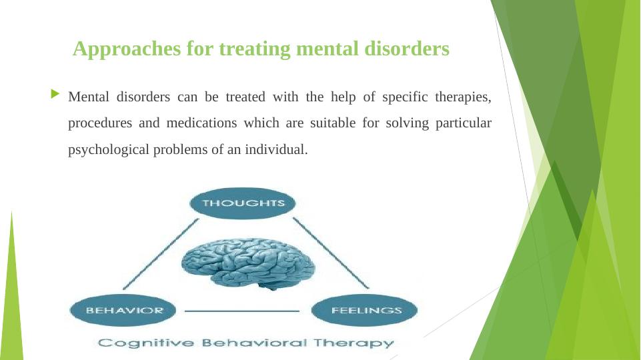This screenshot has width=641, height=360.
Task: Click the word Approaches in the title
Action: pyautogui.click(x=127, y=49)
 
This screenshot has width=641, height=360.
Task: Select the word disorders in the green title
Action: pyautogui.click(x=407, y=48)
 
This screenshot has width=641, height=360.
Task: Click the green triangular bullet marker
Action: pyautogui.click(x=55, y=94)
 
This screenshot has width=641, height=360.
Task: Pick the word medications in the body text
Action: pyautogui.click(x=201, y=123)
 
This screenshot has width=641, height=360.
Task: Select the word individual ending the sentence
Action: pyautogui.click(x=276, y=149)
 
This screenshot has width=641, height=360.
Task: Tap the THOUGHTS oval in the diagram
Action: pyautogui.click(x=243, y=203)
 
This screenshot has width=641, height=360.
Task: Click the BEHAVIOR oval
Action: pyautogui.click(x=123, y=310)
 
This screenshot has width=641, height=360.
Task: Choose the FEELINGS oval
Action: pyautogui.click(x=364, y=310)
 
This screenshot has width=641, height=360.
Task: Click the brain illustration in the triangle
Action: pyautogui.click(x=247, y=263)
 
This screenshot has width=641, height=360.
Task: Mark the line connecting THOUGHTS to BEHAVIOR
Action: pyautogui.click(x=161, y=254)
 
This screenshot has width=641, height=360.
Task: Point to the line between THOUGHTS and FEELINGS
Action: pyautogui.click(x=331, y=253)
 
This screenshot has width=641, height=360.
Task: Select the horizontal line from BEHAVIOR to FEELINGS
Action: pyautogui.click(x=242, y=311)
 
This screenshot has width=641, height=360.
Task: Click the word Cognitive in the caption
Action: pyautogui.click(x=146, y=343)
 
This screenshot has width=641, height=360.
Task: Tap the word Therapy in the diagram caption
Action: pyautogui.click(x=354, y=343)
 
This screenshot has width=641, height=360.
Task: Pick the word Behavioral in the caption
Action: pyautogui.click(x=254, y=343)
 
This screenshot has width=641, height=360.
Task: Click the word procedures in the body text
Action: pyautogui.click(x=100, y=123)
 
